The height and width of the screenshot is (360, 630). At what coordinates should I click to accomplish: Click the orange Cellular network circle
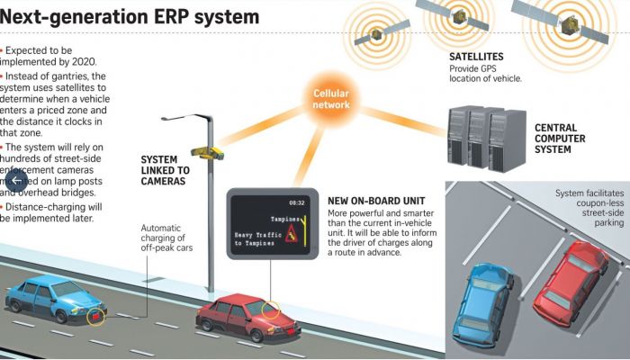click(330, 99)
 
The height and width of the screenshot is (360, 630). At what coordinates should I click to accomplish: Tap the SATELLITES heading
click(476, 57)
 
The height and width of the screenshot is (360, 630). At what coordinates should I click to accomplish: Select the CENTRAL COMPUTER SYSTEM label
click(560, 139)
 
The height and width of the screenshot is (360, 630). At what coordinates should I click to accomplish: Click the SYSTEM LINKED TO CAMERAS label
click(164, 170)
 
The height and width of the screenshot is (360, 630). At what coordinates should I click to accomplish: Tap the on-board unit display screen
click(271, 221)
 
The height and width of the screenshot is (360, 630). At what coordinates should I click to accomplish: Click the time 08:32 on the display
click(296, 202)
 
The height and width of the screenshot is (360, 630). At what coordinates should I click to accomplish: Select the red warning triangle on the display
click(292, 236)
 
